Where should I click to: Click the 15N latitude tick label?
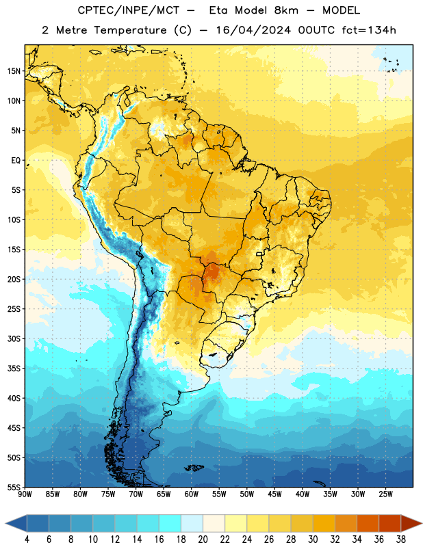click(14, 71)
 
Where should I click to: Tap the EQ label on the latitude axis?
click(16, 161)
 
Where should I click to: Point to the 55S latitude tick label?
click(14, 487)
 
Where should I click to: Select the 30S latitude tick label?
click(14, 338)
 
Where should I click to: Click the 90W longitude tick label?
click(25, 494)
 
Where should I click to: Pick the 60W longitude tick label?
click(192, 494)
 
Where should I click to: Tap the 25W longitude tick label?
click(385, 494)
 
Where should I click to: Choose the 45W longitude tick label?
click(274, 494)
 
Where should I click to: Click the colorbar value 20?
click(203, 539)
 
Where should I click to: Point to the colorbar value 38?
click(400, 539)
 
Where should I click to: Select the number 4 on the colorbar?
click(27, 539)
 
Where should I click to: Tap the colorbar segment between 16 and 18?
click(170, 523)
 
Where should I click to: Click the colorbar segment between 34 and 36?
click(368, 523)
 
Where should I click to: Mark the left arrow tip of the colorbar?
click(5, 523)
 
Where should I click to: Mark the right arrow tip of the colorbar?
click(422, 523)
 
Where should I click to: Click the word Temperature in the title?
click(130, 30)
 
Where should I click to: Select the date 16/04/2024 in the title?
click(253, 30)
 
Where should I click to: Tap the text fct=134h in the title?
click(369, 30)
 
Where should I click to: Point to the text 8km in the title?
click(286, 10)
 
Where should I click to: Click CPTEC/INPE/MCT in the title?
click(129, 10)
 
